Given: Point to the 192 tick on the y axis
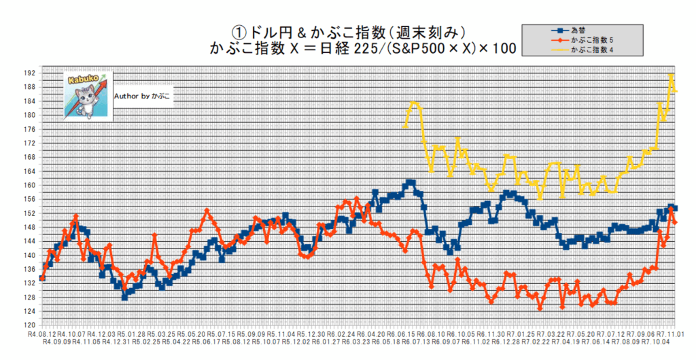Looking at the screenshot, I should point(29,73).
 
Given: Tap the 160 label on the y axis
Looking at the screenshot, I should point(29,185).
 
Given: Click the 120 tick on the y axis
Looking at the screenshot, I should point(29,325).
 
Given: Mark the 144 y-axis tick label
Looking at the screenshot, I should point(29,241).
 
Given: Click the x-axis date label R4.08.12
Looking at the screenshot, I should point(42,334).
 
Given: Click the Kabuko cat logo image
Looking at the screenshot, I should point(86,96).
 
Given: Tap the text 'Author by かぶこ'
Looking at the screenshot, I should point(143,96).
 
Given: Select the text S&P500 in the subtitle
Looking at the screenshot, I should point(414,48).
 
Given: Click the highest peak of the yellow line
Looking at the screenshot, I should point(672,75).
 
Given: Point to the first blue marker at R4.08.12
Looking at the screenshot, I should point(42,278).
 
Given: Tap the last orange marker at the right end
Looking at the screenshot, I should point(675,222).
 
